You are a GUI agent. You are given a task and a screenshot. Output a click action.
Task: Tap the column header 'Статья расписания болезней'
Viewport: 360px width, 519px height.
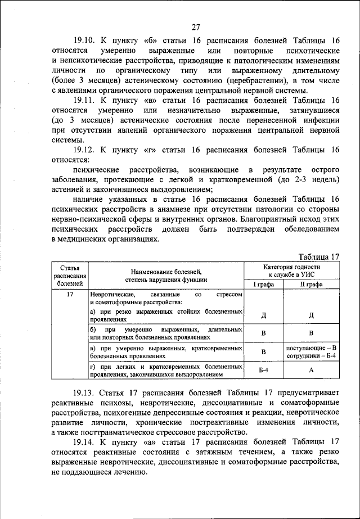(x=70, y=276)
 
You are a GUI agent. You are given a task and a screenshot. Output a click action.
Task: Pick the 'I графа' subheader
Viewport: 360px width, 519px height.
(x=263, y=285)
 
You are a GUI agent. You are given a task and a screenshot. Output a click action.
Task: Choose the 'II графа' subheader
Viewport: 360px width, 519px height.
(x=310, y=285)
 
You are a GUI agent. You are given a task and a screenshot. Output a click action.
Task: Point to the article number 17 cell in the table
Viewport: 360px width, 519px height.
(x=70, y=294)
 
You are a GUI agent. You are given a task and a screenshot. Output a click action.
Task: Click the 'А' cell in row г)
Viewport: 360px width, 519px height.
(x=310, y=370)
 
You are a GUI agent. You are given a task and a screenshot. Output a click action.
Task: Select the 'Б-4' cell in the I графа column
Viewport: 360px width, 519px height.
(x=263, y=370)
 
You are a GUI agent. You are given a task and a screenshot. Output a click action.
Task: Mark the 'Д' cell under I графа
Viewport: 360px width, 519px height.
(x=263, y=315)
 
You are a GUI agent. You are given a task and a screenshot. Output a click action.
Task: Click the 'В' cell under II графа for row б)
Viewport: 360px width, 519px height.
(x=310, y=333)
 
